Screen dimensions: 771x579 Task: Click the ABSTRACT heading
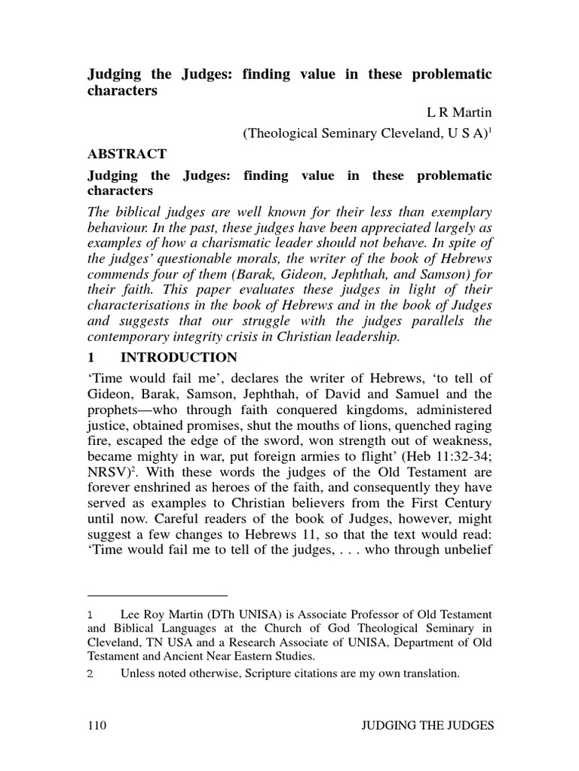[x=127, y=154]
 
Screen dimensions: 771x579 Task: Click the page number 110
[x=97, y=726]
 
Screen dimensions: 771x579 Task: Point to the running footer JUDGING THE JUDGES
[x=427, y=726]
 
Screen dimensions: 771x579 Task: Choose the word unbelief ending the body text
[x=464, y=556]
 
